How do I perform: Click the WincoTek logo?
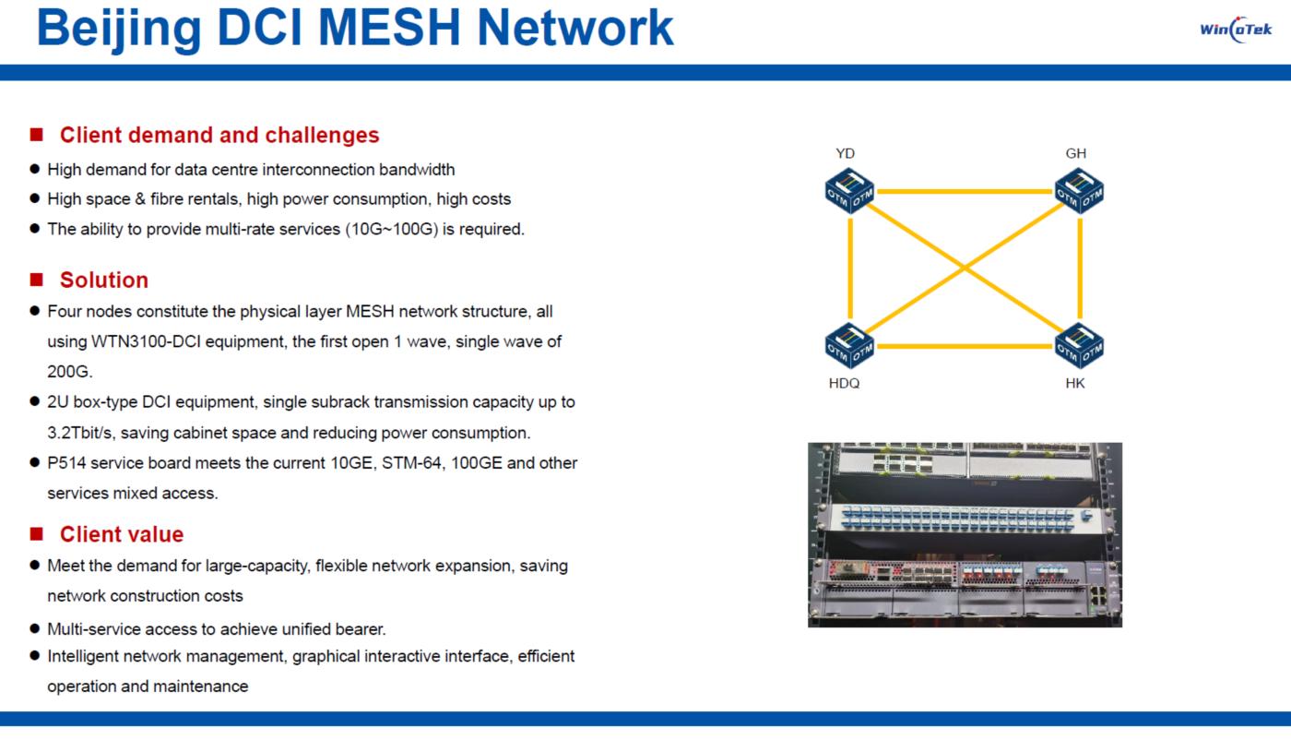[x=1236, y=29]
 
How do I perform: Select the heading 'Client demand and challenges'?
[x=219, y=135]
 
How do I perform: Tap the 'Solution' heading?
[x=104, y=280]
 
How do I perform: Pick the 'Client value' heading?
[x=122, y=534]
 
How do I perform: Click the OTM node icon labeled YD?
[x=849, y=191]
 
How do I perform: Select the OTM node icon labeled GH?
[x=1080, y=191]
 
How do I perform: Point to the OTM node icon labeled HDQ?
[x=849, y=346]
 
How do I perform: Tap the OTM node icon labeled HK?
[x=1080, y=346]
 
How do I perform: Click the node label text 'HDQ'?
[x=844, y=384]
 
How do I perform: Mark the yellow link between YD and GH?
[x=965, y=192]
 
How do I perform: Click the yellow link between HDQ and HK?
[x=965, y=347]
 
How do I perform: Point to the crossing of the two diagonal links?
[x=965, y=269]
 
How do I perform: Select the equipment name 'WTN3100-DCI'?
[x=143, y=341]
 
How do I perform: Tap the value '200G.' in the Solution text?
[x=70, y=371]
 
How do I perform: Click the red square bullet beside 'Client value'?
[x=37, y=534]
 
